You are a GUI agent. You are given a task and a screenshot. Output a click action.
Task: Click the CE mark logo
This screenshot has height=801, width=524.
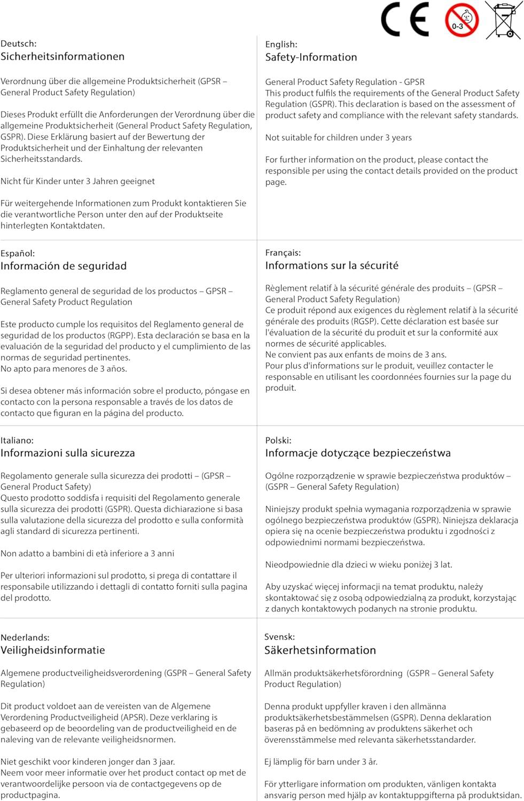coord(404,20)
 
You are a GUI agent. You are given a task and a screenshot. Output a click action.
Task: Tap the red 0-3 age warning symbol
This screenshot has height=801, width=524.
coord(462,20)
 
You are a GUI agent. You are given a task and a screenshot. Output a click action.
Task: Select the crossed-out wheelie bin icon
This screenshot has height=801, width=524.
coord(504,20)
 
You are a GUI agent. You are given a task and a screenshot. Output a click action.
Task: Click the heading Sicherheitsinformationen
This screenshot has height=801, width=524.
coord(62,57)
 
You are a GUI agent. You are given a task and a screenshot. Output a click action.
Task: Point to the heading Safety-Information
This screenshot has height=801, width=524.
coord(311,57)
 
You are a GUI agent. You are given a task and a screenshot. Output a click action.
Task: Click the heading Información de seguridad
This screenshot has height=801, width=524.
coord(64,266)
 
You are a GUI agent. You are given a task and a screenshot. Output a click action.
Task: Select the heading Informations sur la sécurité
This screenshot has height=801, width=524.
coord(332,265)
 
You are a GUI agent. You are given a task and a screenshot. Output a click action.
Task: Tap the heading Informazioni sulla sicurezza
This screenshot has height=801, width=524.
coord(68,453)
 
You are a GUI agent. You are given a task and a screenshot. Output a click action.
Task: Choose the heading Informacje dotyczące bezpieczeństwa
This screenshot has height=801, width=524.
coord(358,453)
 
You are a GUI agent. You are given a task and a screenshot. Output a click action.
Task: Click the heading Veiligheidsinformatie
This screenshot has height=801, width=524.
coord(53,650)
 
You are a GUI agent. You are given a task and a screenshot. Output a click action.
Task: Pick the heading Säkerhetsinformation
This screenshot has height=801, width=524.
coord(320,650)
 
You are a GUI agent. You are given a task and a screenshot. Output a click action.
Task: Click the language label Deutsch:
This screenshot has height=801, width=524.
coord(19,44)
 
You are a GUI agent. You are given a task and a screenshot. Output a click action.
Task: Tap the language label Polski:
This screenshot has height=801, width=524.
coord(278,441)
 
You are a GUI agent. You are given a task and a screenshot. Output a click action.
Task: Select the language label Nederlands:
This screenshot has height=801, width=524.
coord(25,637)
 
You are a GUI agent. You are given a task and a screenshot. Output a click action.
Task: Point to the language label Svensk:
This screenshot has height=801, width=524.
coord(279,637)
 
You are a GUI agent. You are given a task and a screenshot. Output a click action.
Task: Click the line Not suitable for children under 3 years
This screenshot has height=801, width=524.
coord(338,138)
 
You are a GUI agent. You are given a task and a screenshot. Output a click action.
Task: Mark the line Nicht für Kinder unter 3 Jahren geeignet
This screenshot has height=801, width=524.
coord(77,181)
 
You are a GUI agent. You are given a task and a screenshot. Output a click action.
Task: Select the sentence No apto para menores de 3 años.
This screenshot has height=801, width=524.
coord(64,368)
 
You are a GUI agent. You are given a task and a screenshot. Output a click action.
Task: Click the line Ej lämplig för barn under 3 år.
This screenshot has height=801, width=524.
coord(320,762)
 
